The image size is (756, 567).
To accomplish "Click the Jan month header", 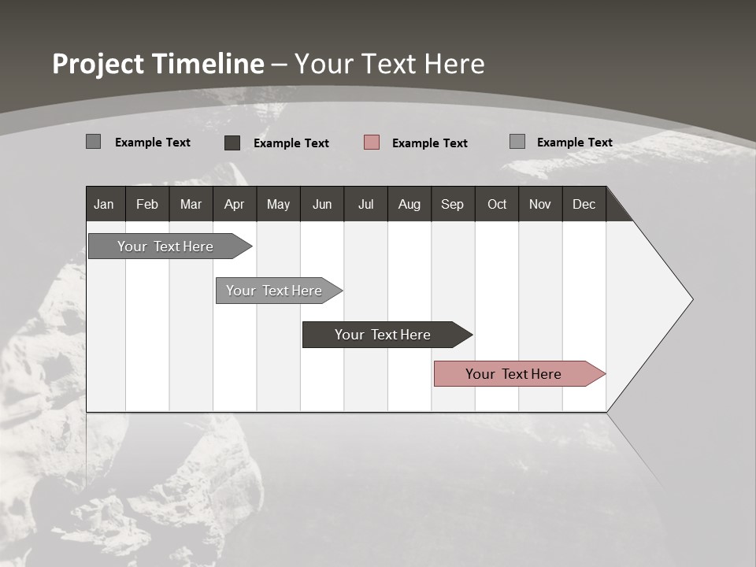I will click(x=104, y=204).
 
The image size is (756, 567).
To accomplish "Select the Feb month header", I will click(x=147, y=204).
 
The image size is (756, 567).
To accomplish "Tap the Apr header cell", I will click(x=234, y=204).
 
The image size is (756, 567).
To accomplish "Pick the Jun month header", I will click(x=322, y=204).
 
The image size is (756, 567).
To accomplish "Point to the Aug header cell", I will click(x=409, y=204).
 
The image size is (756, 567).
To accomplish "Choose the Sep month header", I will click(x=452, y=204).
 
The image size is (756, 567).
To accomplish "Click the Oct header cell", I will click(x=497, y=204).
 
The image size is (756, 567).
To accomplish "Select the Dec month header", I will click(x=584, y=204).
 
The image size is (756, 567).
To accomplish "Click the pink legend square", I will click(x=372, y=143).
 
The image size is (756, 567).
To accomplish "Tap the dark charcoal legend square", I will click(x=232, y=143).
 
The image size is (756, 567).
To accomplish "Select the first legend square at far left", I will click(x=93, y=142).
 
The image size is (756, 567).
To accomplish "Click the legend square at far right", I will click(x=517, y=142).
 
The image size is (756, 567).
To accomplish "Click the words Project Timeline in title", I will click(x=157, y=64).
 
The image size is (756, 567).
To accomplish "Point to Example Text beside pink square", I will click(x=429, y=143).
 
